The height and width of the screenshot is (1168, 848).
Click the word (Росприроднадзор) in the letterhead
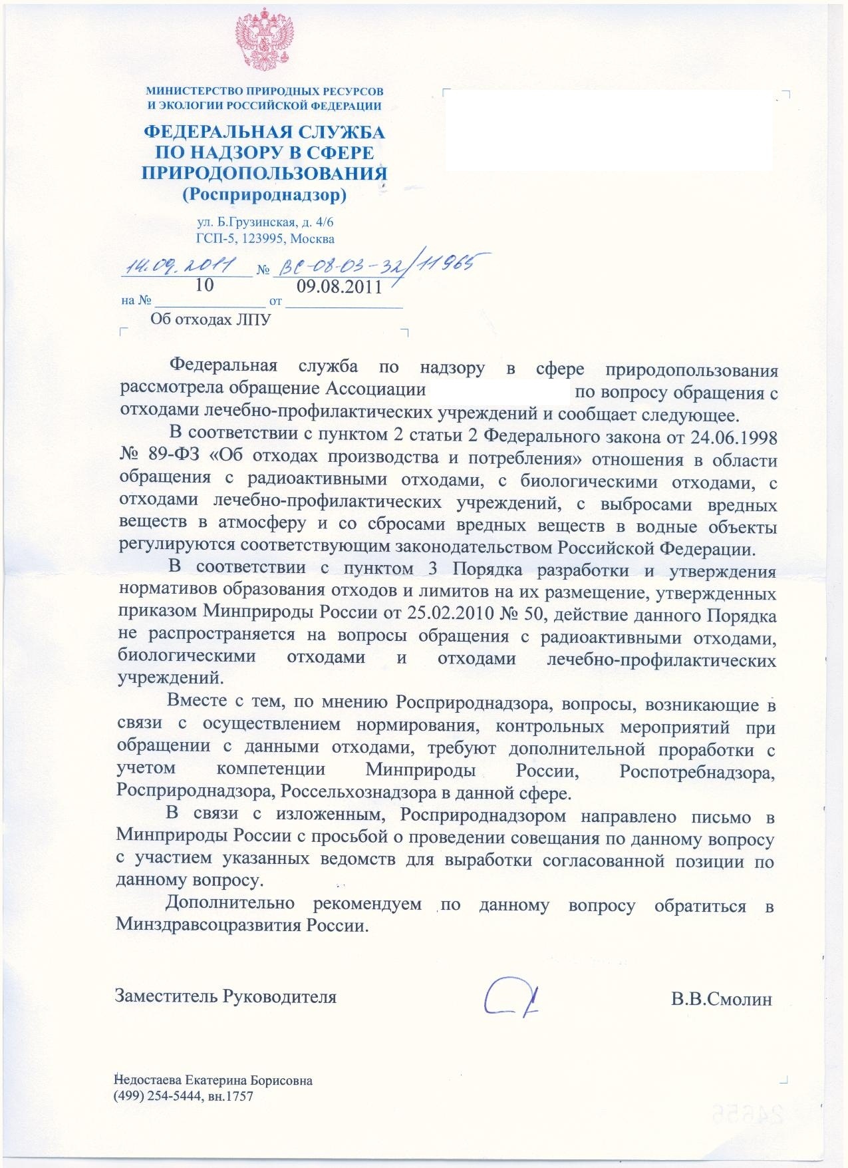tap(264, 195)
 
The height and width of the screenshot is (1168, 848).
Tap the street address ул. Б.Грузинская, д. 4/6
tap(265, 223)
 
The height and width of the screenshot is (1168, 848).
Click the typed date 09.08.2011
tap(339, 287)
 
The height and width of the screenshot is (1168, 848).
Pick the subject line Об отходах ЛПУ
tap(211, 319)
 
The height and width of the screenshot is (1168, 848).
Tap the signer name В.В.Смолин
tap(722, 998)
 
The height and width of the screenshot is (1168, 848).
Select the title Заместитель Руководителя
tap(225, 996)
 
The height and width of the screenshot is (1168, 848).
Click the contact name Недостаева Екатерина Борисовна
tap(213, 1081)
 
